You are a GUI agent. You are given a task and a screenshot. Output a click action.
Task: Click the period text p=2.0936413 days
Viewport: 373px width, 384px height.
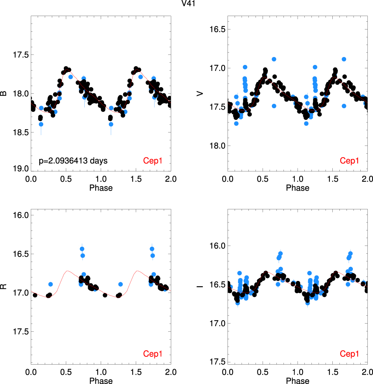(73, 161)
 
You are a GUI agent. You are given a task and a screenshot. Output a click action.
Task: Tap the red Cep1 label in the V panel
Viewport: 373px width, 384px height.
(349, 161)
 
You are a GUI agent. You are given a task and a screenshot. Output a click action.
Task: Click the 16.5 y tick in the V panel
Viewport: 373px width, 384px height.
(216, 29)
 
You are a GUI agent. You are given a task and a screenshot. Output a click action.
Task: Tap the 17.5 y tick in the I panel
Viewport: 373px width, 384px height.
(216, 362)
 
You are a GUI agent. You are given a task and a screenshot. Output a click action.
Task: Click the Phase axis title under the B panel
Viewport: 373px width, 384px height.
(101, 188)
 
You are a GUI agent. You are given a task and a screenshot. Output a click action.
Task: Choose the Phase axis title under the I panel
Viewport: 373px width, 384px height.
(298, 381)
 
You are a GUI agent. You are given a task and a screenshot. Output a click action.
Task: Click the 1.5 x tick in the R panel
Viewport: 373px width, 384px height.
(136, 372)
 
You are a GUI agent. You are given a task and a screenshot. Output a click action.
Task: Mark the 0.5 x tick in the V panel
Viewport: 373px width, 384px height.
(263, 179)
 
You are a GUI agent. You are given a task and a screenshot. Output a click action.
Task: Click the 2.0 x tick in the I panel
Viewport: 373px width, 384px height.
(367, 372)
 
